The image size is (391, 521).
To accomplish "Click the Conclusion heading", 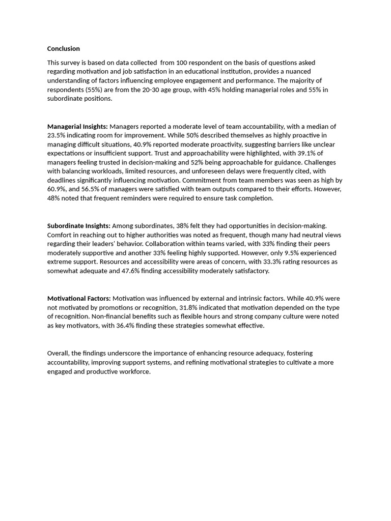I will click(x=64, y=49).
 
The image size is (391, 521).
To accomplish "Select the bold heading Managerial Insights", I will click(x=77, y=126).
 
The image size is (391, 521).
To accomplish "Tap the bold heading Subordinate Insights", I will click(x=79, y=225).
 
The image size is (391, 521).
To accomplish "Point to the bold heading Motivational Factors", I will click(x=79, y=298).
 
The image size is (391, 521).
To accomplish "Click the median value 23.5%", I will click(x=56, y=135).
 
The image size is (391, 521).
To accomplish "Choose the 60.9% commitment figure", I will click(x=56, y=189).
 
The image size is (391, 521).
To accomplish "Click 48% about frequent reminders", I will click(x=54, y=198).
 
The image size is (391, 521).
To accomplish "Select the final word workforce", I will click(x=134, y=371).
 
